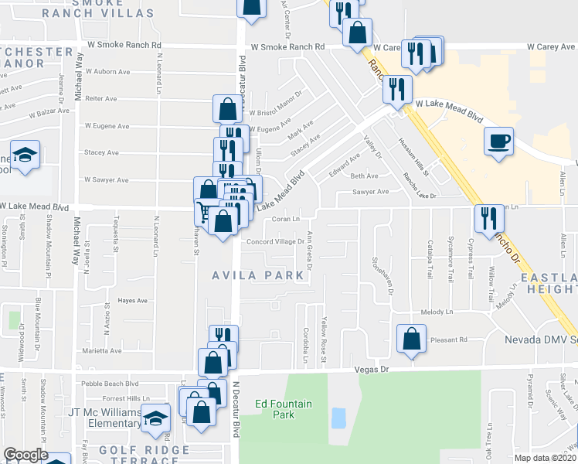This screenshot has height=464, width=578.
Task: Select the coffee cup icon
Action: (498, 142)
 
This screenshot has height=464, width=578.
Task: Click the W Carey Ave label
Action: (552, 47)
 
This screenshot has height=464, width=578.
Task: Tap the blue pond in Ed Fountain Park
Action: (338, 418)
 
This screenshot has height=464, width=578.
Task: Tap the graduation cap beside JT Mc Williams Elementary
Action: (156, 418)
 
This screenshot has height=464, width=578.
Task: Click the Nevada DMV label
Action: (541, 340)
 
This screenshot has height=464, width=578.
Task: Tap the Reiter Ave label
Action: (100, 99)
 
